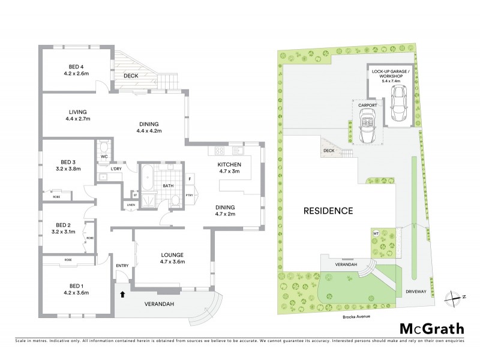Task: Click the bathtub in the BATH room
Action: point(146,178)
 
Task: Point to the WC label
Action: point(104,157)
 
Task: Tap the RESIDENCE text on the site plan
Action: point(328,211)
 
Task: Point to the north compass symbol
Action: point(455,297)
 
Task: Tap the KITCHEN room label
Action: point(229,164)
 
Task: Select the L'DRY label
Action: point(116,169)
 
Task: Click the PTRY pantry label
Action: point(189,194)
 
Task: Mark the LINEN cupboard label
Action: point(130,205)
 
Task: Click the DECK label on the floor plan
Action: point(131,76)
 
